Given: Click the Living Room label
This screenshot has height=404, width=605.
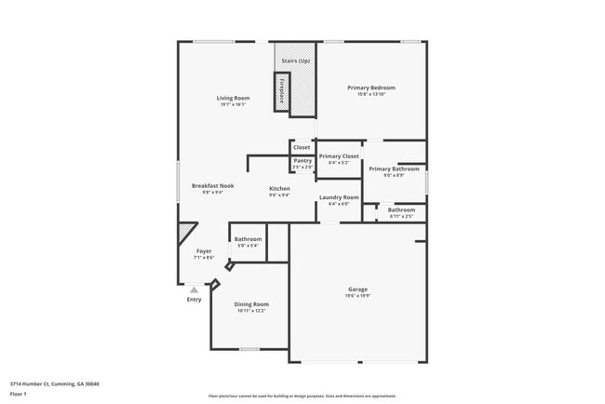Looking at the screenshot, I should (x=233, y=98).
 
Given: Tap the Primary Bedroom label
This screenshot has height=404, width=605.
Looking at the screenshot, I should (x=365, y=88).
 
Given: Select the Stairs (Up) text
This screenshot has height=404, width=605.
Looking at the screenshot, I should (x=296, y=61).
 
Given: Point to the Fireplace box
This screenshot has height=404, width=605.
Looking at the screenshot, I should (x=281, y=91).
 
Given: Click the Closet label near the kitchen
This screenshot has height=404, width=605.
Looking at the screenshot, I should (x=302, y=147).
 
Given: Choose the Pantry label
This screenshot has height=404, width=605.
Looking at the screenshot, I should (x=302, y=161).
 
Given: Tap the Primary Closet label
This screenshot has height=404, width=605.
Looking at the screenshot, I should (x=339, y=156).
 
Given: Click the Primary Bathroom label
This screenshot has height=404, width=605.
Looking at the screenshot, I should (x=387, y=168).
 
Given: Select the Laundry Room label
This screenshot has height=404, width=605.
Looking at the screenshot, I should (x=339, y=197).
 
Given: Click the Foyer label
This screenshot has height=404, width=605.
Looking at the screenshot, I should (x=203, y=251).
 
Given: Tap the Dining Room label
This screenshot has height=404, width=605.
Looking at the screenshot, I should (x=251, y=304).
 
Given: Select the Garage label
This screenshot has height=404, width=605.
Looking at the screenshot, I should (x=358, y=290).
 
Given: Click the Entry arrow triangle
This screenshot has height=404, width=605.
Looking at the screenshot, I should (x=194, y=290).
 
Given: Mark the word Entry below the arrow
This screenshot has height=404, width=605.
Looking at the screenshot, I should (x=194, y=300).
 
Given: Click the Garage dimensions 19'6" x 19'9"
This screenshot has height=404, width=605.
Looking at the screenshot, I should (x=358, y=296).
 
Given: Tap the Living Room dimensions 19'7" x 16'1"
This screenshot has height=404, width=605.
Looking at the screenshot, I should (x=233, y=104).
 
